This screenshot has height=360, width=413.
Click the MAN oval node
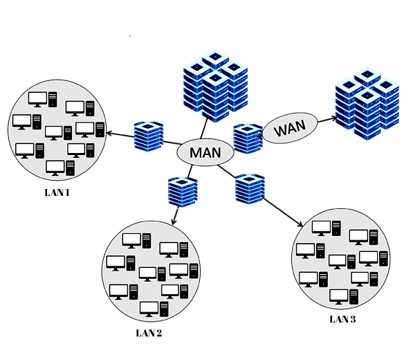click(x=205, y=152)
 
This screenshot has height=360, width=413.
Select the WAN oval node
click(x=290, y=128)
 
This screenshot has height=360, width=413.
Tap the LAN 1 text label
click(x=57, y=192)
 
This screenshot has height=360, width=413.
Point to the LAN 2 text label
click(x=149, y=333)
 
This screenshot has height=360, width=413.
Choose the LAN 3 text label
click(x=342, y=319)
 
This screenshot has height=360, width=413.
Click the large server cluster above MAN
click(x=215, y=86)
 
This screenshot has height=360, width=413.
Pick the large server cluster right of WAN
click(x=367, y=104)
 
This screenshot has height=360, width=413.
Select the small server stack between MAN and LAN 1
click(x=149, y=136)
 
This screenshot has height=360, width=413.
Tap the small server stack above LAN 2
click(x=183, y=192)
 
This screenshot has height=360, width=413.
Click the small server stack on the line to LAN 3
click(x=250, y=189)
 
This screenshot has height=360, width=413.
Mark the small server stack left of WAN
click(x=248, y=138)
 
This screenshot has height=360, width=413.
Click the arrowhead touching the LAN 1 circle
click(x=109, y=132)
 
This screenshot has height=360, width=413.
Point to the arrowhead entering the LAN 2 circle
click(x=174, y=221)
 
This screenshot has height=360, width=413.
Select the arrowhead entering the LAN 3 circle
click(x=300, y=224)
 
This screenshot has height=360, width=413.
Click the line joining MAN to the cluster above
click(x=204, y=128)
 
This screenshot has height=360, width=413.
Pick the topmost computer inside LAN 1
click(x=42, y=100)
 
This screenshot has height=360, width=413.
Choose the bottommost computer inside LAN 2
click(x=154, y=309)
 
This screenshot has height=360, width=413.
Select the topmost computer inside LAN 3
click(x=327, y=228)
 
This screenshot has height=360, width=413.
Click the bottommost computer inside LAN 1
click(x=60, y=168)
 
